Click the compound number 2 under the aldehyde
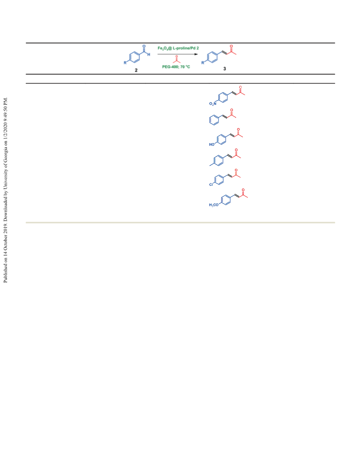[136, 70]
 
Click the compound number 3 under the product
[224, 69]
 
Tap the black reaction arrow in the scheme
[178, 54]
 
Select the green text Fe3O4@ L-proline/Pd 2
[178, 48]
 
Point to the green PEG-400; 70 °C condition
[176, 66]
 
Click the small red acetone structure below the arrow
[177, 60]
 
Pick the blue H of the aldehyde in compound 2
[148, 55]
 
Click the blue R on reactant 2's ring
[125, 63]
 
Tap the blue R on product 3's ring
[203, 63]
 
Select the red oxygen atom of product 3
[231, 46]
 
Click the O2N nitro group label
[213, 104]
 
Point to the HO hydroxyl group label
[212, 144]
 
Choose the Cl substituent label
[211, 184]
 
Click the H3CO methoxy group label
[214, 205]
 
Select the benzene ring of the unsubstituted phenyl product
[214, 120]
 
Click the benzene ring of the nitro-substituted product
[223, 98]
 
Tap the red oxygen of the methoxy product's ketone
[243, 190]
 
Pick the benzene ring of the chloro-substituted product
[219, 180]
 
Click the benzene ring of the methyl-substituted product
[219, 160]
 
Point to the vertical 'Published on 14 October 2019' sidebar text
[5, 190]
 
